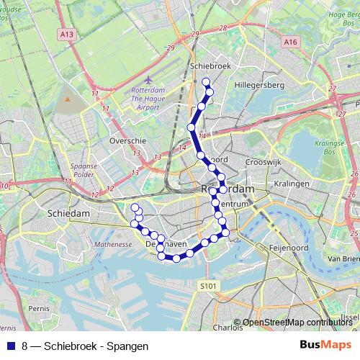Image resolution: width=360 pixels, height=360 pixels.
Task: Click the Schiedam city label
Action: [x=68, y=214]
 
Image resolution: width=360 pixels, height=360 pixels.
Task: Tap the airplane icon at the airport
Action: [x=149, y=79]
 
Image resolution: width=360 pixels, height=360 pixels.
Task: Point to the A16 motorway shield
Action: [x=290, y=42]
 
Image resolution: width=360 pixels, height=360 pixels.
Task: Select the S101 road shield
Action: [x=208, y=286]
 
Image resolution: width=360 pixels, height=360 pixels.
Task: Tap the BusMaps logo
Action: [x=325, y=345]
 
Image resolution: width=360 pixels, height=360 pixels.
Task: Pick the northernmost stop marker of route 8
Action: [x=206, y=81]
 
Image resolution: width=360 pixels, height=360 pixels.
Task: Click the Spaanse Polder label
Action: [x=84, y=170]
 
